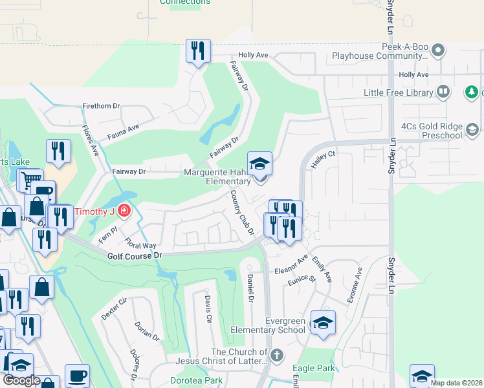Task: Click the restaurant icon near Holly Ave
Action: pyautogui.click(x=197, y=51)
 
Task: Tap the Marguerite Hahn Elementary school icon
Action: pyautogui.click(x=259, y=163)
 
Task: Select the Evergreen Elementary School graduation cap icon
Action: pyautogui.click(x=323, y=322)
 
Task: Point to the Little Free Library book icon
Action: pyautogui.click(x=443, y=92)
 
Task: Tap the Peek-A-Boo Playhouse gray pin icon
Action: pyautogui.click(x=438, y=50)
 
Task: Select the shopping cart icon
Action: pyautogui.click(x=30, y=180)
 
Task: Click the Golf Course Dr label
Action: pyautogui.click(x=135, y=256)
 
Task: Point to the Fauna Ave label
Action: pyautogui.click(x=124, y=129)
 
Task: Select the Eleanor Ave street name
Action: pyautogui.click(x=291, y=266)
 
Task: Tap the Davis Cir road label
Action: pyautogui.click(x=208, y=310)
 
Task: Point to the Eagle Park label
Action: pyautogui.click(x=317, y=368)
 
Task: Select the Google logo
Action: pyautogui.click(x=21, y=380)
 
